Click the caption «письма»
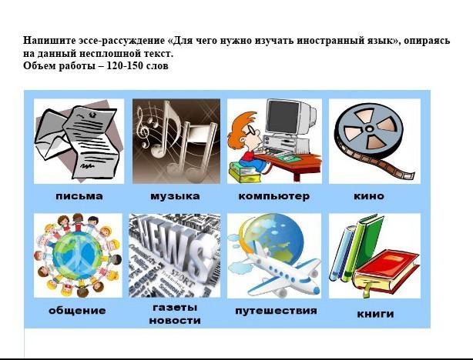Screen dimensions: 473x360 point(79,196)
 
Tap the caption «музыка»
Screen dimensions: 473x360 point(175,196)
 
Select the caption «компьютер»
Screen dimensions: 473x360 point(274,196)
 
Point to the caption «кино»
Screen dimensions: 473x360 point(369,196)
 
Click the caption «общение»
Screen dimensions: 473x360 point(77,311)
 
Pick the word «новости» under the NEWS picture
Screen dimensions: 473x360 point(175,320)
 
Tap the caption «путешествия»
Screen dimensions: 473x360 point(276,311)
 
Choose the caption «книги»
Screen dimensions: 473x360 point(375,314)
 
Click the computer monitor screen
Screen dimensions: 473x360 point(283,117)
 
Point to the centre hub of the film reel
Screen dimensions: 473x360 point(369,129)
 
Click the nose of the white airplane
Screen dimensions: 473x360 point(316,291)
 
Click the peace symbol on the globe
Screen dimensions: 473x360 point(78,255)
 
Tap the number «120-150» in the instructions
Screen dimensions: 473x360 point(124,65)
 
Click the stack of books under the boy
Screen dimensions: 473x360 point(243,172)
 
